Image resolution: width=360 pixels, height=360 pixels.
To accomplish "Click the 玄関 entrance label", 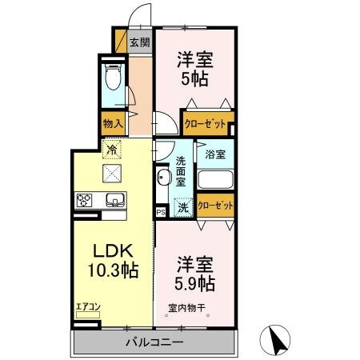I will click(x=140, y=43).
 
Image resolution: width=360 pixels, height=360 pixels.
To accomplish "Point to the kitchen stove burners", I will click(x=86, y=199).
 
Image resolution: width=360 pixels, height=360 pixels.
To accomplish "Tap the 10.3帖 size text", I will click(x=112, y=270).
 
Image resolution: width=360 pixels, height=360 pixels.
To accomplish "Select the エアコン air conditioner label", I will click(x=87, y=306).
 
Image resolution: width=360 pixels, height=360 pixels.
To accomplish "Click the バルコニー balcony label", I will click(x=154, y=342).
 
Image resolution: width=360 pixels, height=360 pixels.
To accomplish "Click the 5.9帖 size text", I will click(x=195, y=282).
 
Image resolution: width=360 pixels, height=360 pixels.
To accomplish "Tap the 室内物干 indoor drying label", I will click(x=188, y=309).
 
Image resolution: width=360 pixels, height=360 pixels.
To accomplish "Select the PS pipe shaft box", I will click(x=161, y=212).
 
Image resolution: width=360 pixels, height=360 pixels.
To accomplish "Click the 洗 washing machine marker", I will click(x=183, y=206).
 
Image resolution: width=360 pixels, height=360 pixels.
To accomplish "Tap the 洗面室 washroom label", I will click(x=182, y=170).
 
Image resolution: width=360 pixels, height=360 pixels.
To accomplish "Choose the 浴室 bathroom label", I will click(x=214, y=154).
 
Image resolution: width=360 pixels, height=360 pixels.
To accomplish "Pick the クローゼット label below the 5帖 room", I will click(x=204, y=123).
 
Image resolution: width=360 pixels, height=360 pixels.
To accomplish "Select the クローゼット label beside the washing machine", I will click(x=216, y=206).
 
